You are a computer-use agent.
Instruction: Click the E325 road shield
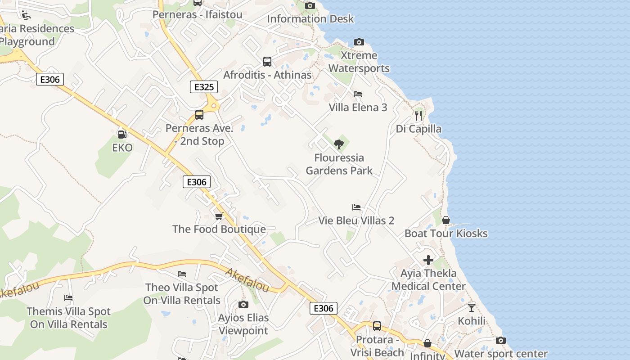[x=204, y=87]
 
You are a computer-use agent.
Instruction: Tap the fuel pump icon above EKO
[x=122, y=134]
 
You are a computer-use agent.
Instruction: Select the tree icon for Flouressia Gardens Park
[x=339, y=144]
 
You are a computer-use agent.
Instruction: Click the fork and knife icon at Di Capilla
[x=418, y=115]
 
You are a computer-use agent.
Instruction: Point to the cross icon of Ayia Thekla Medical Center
[x=428, y=260]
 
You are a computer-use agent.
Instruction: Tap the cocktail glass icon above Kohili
[x=472, y=308]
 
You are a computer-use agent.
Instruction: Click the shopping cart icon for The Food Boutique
[x=219, y=216]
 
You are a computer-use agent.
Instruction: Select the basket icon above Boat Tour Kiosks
[x=446, y=220]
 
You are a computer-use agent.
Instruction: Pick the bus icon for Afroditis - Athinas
[x=267, y=62]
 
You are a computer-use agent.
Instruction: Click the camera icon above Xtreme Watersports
[x=359, y=42]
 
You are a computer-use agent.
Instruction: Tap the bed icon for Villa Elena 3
[x=358, y=94]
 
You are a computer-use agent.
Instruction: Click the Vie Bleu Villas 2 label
[x=356, y=220]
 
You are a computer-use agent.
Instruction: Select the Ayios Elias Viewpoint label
[x=243, y=324]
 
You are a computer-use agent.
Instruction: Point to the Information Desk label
[x=310, y=19]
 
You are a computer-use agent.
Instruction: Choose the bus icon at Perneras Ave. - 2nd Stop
[x=199, y=115]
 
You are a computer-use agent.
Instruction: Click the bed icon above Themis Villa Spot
[x=68, y=298]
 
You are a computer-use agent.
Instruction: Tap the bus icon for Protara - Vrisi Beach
[x=377, y=326]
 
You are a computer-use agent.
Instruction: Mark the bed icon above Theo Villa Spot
[x=182, y=274]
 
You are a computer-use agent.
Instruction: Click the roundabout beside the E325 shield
[x=214, y=106]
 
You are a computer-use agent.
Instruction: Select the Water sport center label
[x=501, y=354]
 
